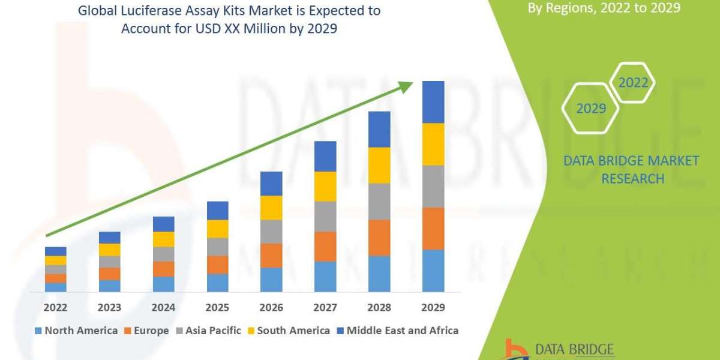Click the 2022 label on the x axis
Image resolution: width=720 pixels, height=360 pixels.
coord(55,308)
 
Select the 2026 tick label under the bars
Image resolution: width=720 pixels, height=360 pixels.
coord(271,308)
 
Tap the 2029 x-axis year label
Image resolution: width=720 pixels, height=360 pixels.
coord(433,308)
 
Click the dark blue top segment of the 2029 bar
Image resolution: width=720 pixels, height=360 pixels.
coord(433,102)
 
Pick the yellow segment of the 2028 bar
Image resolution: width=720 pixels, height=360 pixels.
coord(379,165)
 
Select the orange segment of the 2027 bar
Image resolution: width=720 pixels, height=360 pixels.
coord(325,246)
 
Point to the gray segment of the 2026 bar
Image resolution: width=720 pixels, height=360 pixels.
coord(271,231)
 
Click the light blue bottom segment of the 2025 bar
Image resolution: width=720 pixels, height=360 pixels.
coord(217,283)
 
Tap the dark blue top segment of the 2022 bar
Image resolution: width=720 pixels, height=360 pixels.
coord(55,251)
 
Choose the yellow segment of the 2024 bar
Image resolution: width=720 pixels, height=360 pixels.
coord(163,239)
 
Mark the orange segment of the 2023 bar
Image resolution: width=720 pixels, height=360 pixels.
coord(109,274)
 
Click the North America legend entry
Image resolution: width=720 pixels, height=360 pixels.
coord(76,331)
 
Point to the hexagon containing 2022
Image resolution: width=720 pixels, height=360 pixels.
coord(632,83)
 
